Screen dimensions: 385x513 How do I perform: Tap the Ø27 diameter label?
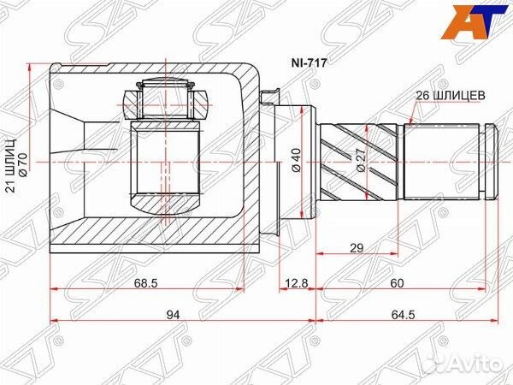pos(361,161)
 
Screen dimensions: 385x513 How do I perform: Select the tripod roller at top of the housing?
pos(166,98)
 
